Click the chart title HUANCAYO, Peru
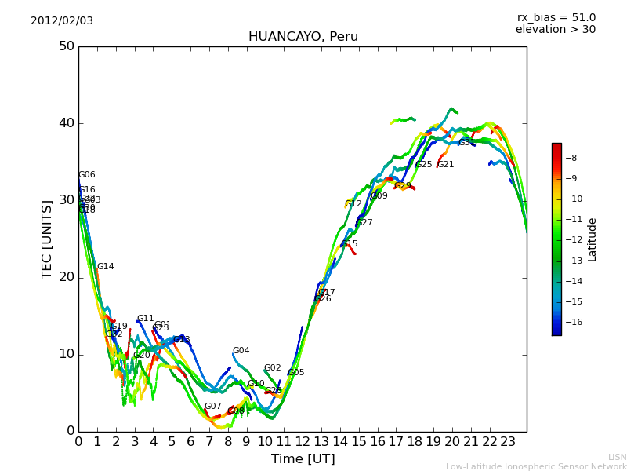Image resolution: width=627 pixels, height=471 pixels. point(303,37)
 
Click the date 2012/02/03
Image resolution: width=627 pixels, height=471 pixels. point(62,20)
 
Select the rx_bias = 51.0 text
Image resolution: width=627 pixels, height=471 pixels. point(556,17)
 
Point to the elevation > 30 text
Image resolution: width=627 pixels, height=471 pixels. point(555,30)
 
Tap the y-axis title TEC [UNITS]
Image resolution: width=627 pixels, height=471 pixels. point(47,239)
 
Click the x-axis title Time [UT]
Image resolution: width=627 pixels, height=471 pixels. point(303,458)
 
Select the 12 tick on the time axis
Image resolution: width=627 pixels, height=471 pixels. point(303,441)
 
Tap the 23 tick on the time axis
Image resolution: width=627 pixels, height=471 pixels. point(508,441)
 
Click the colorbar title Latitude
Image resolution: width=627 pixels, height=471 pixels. point(593,239)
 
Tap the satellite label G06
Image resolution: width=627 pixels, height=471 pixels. point(86,175)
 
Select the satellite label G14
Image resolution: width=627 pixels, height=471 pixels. point(105,267)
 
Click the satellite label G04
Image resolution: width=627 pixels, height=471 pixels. point(241,351)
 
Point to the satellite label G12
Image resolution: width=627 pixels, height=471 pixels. point(353,204)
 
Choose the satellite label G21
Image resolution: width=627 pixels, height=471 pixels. point(446,165)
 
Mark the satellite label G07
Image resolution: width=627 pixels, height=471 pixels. point(212,407)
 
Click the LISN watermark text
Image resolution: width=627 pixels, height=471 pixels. point(617,457)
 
